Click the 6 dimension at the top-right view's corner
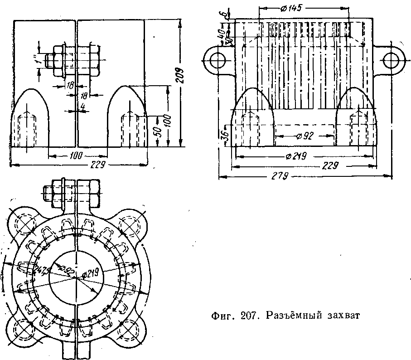224,14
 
